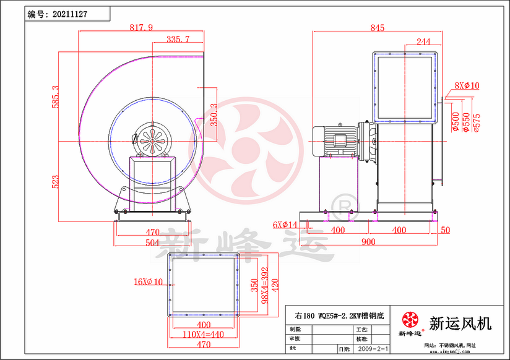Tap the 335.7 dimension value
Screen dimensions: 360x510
(178, 40)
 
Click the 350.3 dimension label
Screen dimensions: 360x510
(214, 114)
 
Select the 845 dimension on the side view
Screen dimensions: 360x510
(378, 28)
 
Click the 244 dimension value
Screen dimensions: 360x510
(423, 41)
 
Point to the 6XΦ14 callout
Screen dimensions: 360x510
(285, 225)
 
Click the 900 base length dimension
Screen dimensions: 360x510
(368, 242)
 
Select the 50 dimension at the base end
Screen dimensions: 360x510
(445, 230)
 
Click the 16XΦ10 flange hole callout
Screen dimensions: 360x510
(147, 282)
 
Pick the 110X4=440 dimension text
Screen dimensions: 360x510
(204, 334)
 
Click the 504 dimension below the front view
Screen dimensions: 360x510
(152, 242)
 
